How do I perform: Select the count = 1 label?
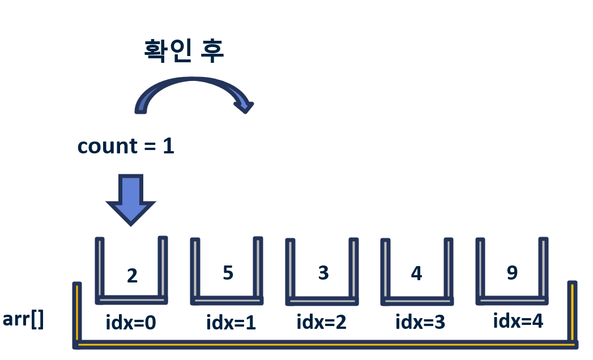pyautogui.click(x=126, y=146)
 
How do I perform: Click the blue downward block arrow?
pyautogui.click(x=131, y=199)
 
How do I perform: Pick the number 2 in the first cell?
pyautogui.click(x=132, y=276)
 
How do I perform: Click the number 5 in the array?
pyautogui.click(x=228, y=272)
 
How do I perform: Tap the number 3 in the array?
pyautogui.click(x=323, y=273)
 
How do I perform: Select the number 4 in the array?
pyautogui.click(x=416, y=273)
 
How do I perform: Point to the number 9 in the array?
pyautogui.click(x=512, y=272)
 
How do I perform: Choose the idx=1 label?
pyautogui.click(x=231, y=323)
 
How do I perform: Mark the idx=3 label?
pyautogui.click(x=420, y=322)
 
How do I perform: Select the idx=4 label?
pyautogui.click(x=518, y=321)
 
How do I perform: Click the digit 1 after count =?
pyautogui.click(x=168, y=146)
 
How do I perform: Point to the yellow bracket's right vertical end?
pyautogui.click(x=572, y=311)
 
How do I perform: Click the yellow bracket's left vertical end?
pyautogui.click(x=76, y=311)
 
